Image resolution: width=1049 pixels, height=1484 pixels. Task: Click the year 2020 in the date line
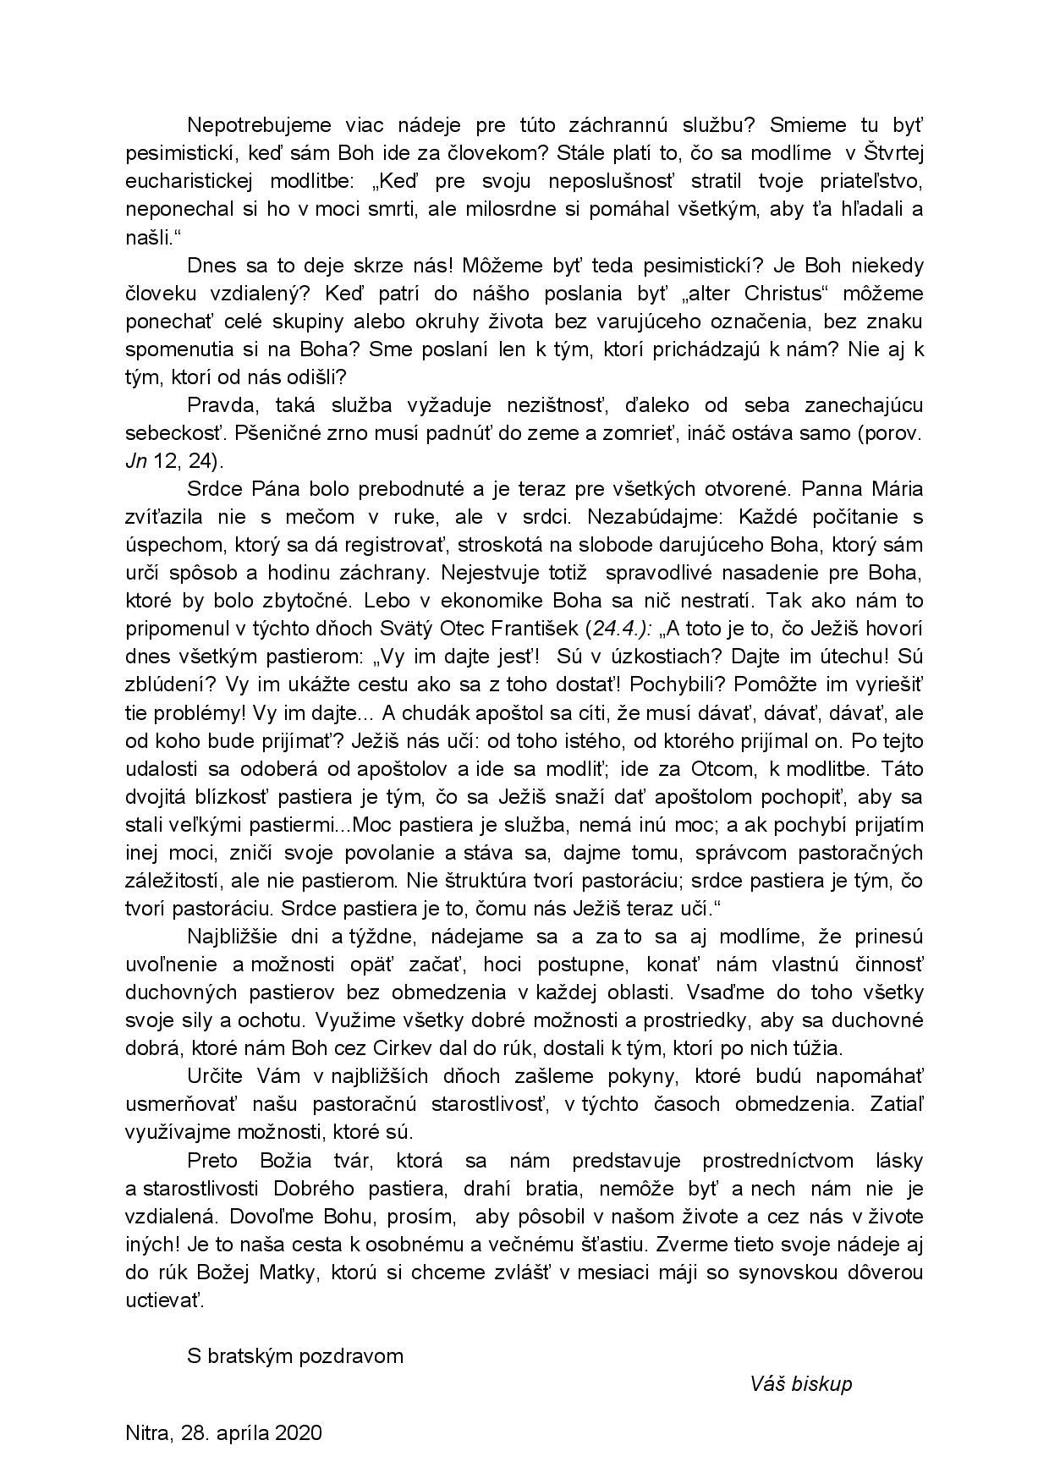[298, 1433]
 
